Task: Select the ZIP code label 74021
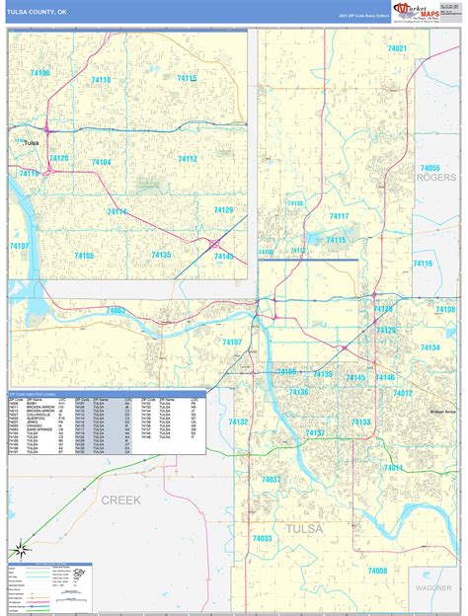(x=397, y=48)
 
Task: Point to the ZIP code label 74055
(x=429, y=168)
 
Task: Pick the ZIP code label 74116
(x=423, y=264)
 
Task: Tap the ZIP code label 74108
(x=444, y=310)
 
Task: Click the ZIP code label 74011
(x=393, y=467)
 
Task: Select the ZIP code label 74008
(x=377, y=571)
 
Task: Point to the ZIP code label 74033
(x=262, y=538)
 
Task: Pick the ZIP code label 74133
(x=360, y=423)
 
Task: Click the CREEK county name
(x=120, y=500)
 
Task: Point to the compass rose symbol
(x=19, y=550)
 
